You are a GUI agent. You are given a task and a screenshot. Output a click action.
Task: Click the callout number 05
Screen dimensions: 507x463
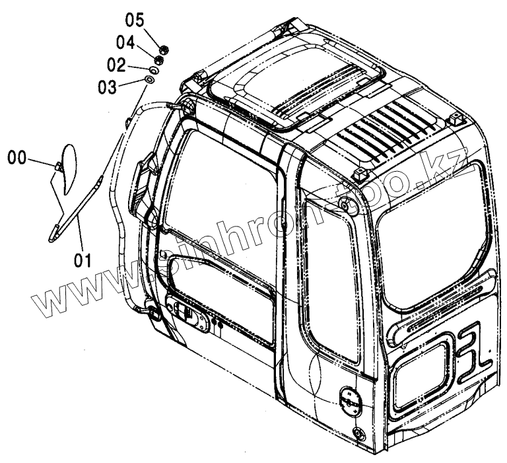135,18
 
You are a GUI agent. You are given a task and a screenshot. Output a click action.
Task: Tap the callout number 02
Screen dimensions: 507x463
116,64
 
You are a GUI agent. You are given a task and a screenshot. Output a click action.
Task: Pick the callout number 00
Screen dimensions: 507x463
18,157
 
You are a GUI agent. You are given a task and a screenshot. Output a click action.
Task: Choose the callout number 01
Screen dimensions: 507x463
81,260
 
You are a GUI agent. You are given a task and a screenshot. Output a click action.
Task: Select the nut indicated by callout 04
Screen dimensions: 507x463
158,59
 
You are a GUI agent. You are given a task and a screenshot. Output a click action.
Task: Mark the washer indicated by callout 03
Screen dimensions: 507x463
150,81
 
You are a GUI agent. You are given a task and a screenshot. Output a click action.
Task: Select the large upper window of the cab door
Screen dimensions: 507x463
224,185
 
